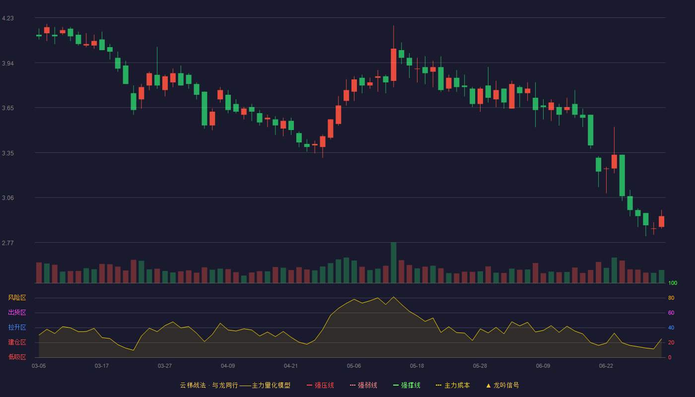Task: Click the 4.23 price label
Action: click(8, 18)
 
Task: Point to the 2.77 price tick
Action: click(8, 243)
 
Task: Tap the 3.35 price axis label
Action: click(8, 153)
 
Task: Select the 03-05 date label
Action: click(39, 366)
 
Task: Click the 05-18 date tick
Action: click(417, 366)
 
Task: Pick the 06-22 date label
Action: click(606, 366)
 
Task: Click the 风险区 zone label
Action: click(17, 298)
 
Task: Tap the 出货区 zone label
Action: click(17, 312)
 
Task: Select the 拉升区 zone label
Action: click(17, 327)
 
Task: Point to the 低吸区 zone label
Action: click(17, 357)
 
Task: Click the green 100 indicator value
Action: click(673, 283)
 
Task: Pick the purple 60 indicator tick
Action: click(671, 313)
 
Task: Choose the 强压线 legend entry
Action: click(320, 385)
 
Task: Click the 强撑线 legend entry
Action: click(407, 385)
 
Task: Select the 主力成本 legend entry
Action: click(453, 385)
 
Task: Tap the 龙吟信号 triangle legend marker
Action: click(488, 386)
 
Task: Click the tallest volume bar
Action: click(393, 263)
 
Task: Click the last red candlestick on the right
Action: click(661, 221)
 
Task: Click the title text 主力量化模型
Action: click(271, 385)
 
